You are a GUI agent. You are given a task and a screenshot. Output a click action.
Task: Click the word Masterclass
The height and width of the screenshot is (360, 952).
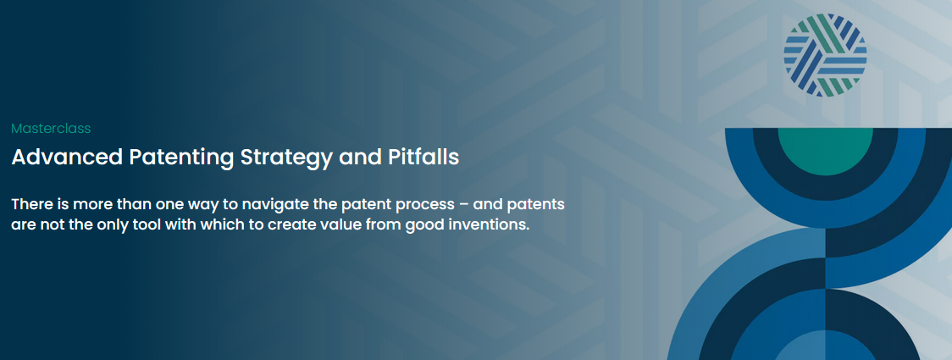point(51,129)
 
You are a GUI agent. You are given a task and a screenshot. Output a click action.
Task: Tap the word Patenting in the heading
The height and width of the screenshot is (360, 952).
point(182,158)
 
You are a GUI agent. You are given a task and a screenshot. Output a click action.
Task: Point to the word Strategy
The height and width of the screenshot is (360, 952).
point(286,158)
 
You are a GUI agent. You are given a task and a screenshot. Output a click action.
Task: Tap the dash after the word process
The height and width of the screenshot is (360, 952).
point(464,205)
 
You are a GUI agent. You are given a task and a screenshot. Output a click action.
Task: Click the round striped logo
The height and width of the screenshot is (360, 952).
point(825,55)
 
